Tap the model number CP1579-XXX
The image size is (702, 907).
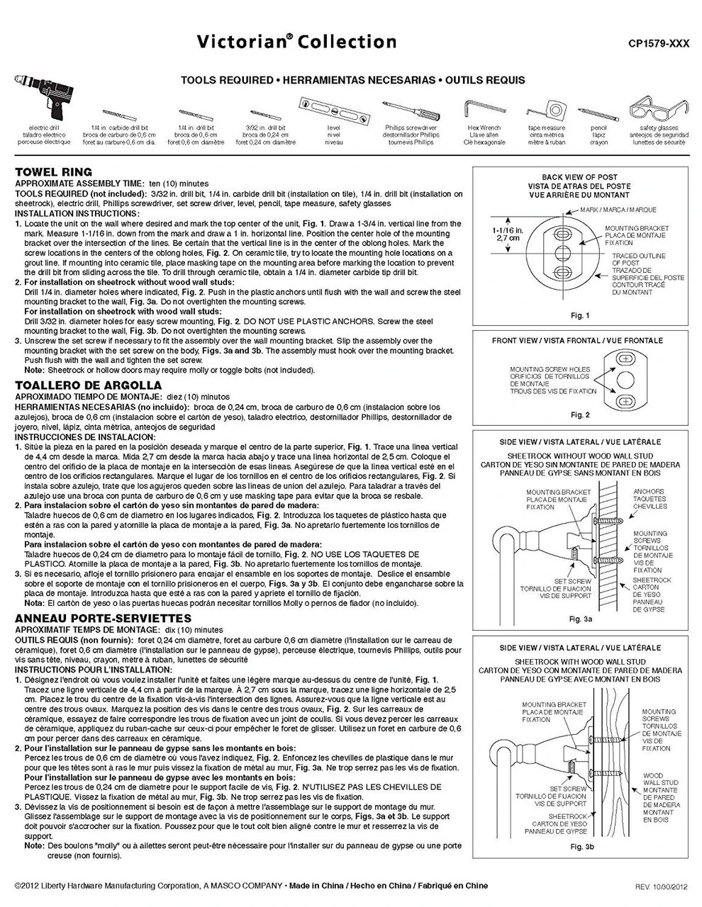pyautogui.click(x=659, y=44)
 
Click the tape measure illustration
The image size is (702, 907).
pyautogui.click(x=545, y=111)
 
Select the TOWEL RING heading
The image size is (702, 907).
pyautogui.click(x=54, y=171)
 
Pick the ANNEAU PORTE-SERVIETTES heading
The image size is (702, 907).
pyautogui.click(x=103, y=619)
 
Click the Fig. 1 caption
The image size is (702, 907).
pyautogui.click(x=579, y=315)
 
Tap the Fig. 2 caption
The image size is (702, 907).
pyautogui.click(x=579, y=415)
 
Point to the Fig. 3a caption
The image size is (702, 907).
pyautogui.click(x=580, y=619)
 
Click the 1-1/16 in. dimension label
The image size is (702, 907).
pyautogui.click(x=508, y=234)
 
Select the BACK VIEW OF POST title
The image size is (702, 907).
pyautogui.click(x=579, y=177)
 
